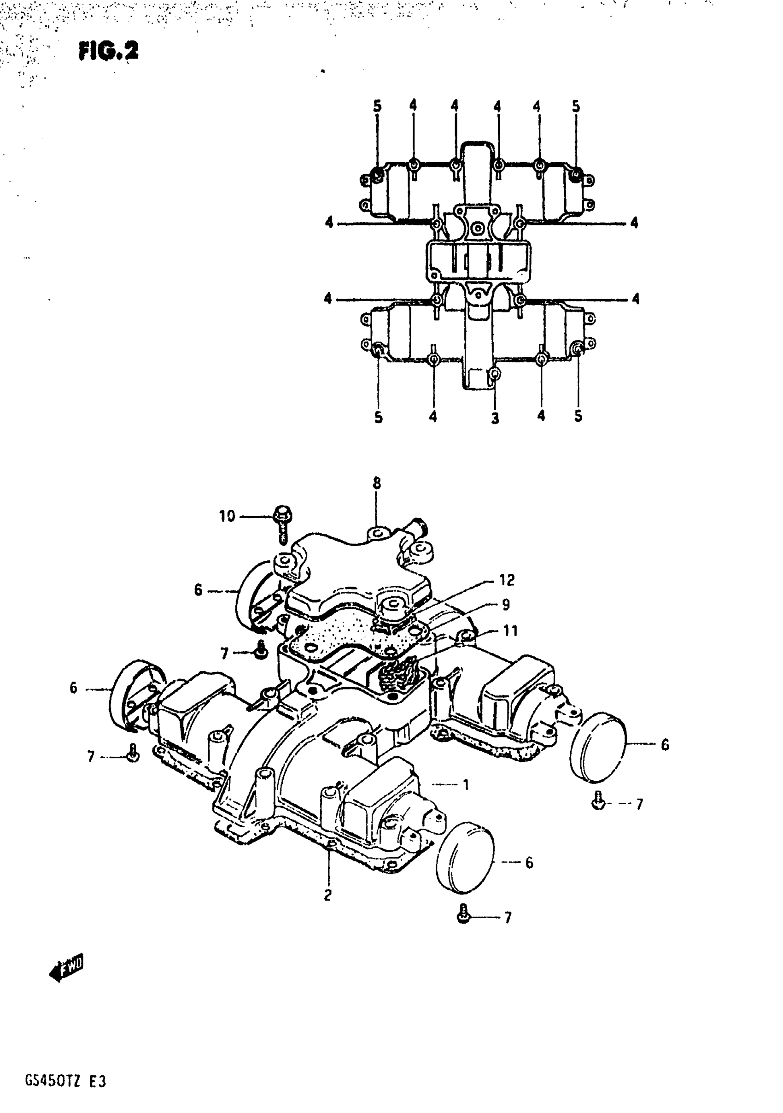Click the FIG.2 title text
(x=109, y=51)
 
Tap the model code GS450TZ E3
(x=65, y=1081)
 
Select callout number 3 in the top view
(x=495, y=418)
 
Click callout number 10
(x=227, y=516)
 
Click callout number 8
(x=376, y=483)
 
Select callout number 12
(x=507, y=580)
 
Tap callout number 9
(x=506, y=605)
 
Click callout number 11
(x=511, y=630)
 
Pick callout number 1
(x=466, y=784)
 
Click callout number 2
(x=328, y=895)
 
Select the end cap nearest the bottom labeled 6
(x=465, y=858)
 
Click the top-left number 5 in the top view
(x=377, y=106)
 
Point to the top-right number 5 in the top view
(x=576, y=106)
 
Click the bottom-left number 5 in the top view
(x=379, y=417)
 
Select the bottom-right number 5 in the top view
(x=578, y=416)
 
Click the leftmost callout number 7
(x=91, y=757)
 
